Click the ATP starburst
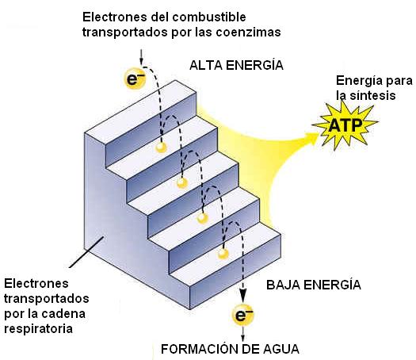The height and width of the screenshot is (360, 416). (345, 124)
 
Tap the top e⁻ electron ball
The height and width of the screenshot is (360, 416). (135, 79)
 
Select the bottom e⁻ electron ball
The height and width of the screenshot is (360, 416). (242, 315)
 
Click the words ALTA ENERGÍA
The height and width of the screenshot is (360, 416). (236, 65)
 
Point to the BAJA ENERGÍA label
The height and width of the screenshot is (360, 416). (314, 285)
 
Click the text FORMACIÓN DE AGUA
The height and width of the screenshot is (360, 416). (230, 349)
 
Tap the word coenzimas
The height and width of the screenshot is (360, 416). (248, 33)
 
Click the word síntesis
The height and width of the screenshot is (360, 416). (372, 95)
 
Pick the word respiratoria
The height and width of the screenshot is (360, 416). (39, 328)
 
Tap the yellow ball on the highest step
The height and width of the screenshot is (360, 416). (161, 147)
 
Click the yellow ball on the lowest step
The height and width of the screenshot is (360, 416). (223, 254)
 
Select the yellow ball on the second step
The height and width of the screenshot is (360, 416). (181, 182)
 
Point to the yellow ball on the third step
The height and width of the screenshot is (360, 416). (202, 218)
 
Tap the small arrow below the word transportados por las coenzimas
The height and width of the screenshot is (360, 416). (141, 57)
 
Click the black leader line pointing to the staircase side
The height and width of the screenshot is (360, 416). (86, 252)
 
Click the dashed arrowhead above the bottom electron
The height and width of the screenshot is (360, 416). (243, 295)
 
